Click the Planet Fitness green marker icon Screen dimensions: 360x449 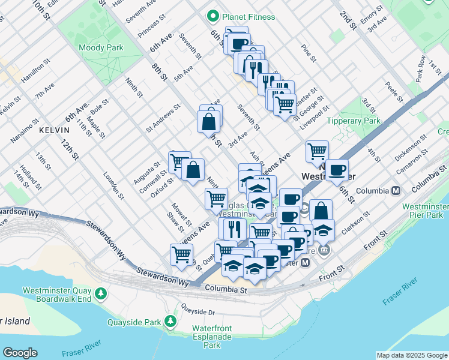click(212, 17)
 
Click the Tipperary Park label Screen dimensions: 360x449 click(353, 121)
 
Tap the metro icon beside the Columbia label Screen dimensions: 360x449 click(396, 191)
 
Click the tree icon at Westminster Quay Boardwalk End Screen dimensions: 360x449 click(102, 292)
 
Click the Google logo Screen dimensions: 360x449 click(20, 353)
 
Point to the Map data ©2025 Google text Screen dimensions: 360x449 click(411, 355)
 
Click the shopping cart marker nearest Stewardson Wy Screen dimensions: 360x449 click(181, 254)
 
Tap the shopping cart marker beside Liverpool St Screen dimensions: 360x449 click(317, 151)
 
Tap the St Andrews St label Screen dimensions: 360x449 click(163, 119)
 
